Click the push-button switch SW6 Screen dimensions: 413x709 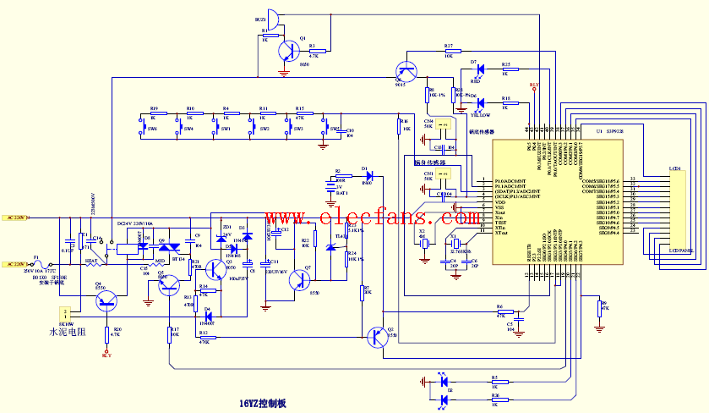(142, 128)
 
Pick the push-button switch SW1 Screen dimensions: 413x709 (215, 128)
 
